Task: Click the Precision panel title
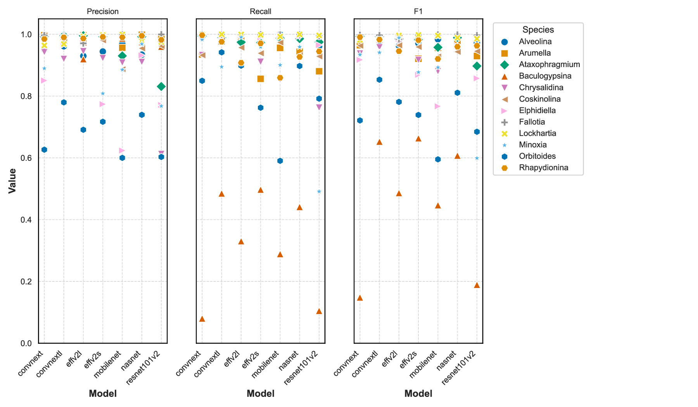point(102,12)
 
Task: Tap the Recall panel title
point(260,12)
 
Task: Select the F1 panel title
point(418,12)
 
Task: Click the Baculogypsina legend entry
point(545,76)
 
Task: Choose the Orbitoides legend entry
point(537,156)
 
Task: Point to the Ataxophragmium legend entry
point(549,64)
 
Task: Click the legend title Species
point(538,30)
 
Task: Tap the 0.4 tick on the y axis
point(27,220)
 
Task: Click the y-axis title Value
point(12,181)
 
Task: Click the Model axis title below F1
point(418,394)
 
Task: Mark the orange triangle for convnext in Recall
point(202,319)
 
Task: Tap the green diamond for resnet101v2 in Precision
point(161,86)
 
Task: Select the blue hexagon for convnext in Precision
point(44,150)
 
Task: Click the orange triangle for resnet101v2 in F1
point(477,285)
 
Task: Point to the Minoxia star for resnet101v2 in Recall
point(319,191)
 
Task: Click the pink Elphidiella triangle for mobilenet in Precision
point(122,150)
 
